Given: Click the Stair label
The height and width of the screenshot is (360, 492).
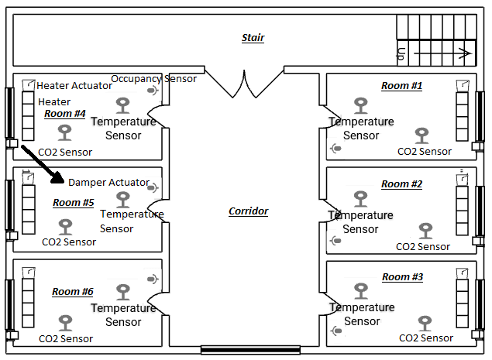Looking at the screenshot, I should click(x=253, y=38).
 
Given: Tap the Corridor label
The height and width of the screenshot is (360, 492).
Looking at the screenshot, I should click(x=248, y=211).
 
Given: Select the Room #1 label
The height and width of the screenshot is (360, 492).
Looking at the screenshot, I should click(x=401, y=86).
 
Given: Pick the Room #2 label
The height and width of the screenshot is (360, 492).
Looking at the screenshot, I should click(x=401, y=184).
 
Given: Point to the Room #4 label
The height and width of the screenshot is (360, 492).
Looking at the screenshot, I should click(x=64, y=114).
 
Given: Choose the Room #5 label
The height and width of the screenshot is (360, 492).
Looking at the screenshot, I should click(x=73, y=203).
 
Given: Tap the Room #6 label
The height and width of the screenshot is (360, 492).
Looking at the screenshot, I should click(x=72, y=292).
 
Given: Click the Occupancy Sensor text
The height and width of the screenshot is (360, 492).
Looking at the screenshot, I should click(x=153, y=79).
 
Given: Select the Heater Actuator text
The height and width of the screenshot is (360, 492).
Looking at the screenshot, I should click(x=74, y=86).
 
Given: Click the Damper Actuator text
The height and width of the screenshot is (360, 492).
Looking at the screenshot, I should click(x=108, y=183).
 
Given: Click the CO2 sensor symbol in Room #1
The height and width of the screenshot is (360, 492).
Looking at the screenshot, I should click(x=421, y=136).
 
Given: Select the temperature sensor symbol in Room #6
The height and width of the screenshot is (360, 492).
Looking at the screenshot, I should click(x=123, y=292).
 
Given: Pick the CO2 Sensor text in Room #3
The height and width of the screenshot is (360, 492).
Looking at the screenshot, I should click(x=425, y=338).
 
